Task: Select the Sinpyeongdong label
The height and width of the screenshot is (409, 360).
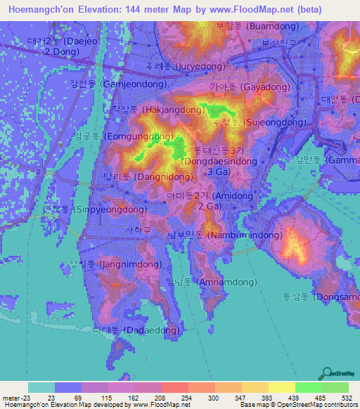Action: (x=86, y=209)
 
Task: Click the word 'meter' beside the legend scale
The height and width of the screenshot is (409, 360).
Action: (x=11, y=397)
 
